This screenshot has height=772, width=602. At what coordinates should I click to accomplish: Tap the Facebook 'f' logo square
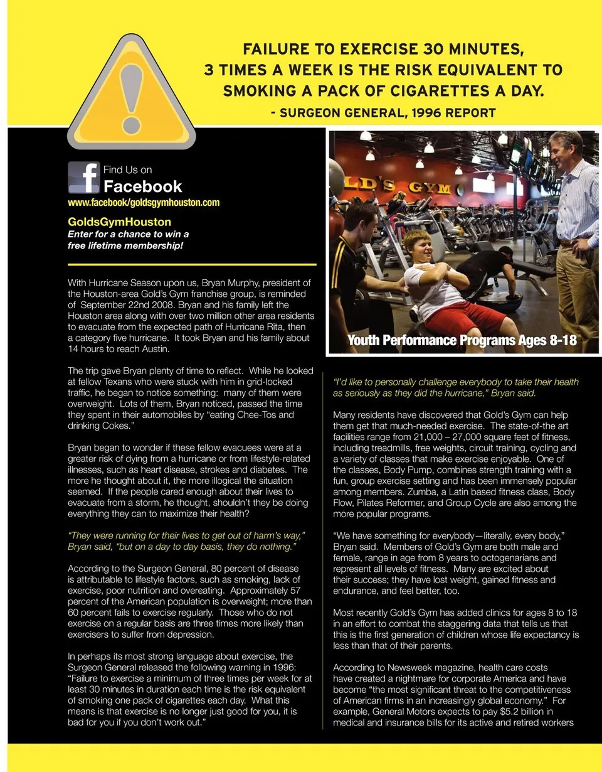coord(84,178)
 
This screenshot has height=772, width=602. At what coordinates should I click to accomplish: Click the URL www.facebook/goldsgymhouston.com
coord(144,203)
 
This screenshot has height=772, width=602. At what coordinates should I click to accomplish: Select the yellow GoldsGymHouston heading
coord(119,222)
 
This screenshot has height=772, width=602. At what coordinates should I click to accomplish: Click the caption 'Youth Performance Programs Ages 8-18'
coord(462,341)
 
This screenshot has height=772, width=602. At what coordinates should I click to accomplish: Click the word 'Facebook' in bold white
coord(142,186)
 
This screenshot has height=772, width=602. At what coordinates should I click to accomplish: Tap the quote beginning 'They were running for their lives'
coord(186,541)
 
